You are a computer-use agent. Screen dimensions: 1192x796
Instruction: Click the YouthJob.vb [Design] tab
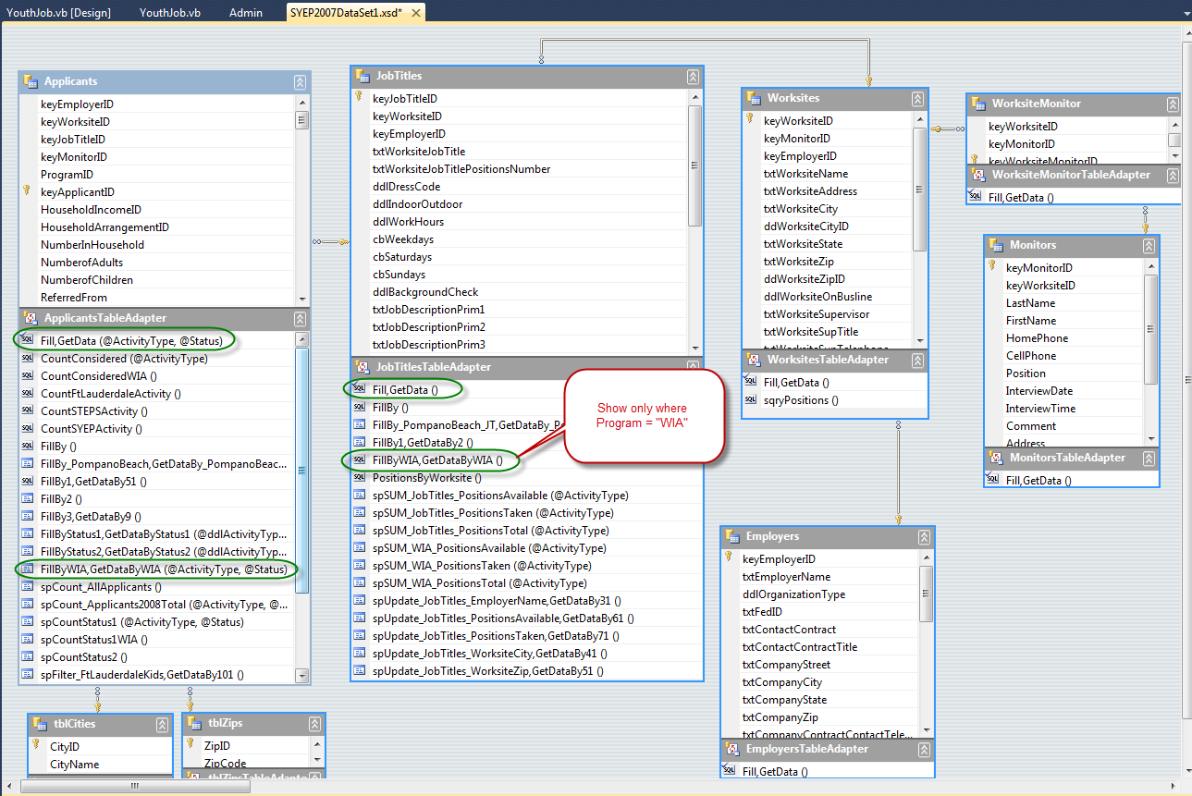click(x=58, y=12)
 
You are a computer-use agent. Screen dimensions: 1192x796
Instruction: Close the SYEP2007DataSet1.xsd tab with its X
click(x=416, y=13)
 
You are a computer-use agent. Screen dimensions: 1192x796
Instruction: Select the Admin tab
click(x=246, y=12)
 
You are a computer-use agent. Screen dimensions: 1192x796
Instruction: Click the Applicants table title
click(x=71, y=81)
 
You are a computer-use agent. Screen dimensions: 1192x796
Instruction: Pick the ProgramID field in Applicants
click(x=68, y=175)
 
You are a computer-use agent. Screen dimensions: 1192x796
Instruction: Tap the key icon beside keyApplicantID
click(x=27, y=190)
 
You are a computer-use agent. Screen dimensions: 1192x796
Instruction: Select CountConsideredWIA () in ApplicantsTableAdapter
click(x=99, y=376)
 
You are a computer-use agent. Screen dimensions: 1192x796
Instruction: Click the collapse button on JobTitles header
click(x=693, y=77)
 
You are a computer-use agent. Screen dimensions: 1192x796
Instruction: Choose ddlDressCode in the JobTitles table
click(x=407, y=187)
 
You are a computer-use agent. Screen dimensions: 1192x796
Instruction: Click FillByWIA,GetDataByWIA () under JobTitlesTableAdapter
click(x=437, y=460)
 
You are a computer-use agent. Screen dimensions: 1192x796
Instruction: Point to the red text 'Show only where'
click(x=642, y=408)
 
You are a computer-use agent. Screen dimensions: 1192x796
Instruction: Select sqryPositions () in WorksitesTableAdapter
click(x=801, y=400)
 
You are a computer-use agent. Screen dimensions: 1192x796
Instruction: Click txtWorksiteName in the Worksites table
click(x=805, y=174)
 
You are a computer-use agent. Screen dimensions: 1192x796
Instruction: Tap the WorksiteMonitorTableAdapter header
click(x=1071, y=175)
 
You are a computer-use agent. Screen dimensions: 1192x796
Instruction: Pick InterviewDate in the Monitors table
click(x=1039, y=391)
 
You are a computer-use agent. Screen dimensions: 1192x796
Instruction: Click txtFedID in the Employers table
click(x=762, y=612)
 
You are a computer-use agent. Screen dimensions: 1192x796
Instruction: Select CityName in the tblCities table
click(x=75, y=765)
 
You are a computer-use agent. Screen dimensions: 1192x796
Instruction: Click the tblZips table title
click(x=225, y=723)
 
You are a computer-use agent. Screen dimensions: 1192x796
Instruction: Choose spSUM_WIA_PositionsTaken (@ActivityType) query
click(x=482, y=566)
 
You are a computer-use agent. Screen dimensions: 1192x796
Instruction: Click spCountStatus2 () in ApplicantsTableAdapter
click(x=84, y=657)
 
